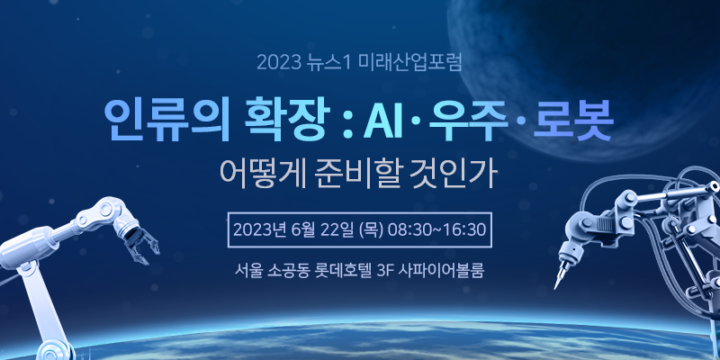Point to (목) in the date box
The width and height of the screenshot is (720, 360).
pos(371,229)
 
